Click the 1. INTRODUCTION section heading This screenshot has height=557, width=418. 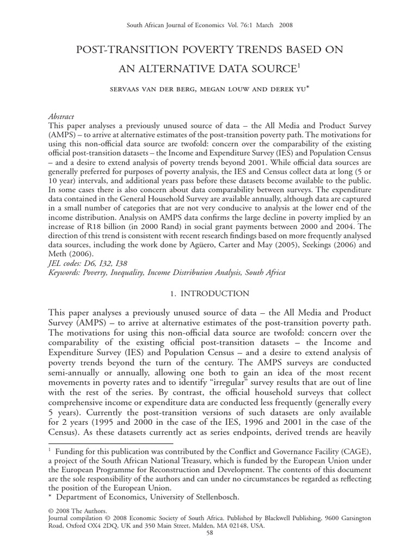pyautogui.click(x=209, y=294)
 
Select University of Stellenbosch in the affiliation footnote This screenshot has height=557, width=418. pyautogui.click(x=193, y=496)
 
